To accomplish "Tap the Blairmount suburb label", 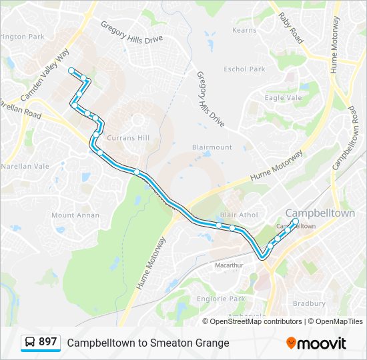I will click(212, 147).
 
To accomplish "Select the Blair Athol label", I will click(238, 215).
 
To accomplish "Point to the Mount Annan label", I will click(75, 215).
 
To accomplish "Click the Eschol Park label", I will click(245, 69).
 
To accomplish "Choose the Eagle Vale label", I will click(284, 98).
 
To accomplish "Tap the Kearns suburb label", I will click(244, 31).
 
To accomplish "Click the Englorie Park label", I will click(221, 299).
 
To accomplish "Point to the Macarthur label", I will click(229, 265).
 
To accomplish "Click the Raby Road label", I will click(290, 28).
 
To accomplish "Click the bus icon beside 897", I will click(30, 342).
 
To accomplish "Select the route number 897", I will click(47, 342).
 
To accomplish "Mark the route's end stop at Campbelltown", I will click(296, 221).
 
